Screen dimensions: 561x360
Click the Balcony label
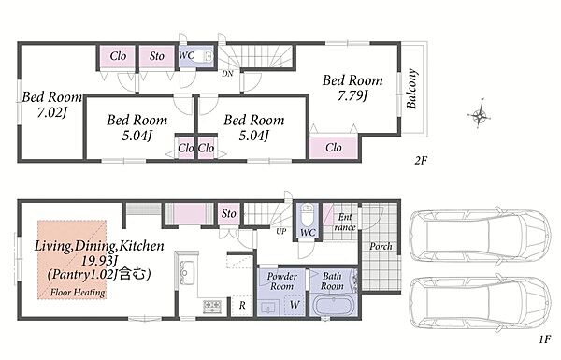click(x=411, y=89)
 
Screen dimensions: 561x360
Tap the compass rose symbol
click(x=480, y=114)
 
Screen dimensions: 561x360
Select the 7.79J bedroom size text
click(x=352, y=95)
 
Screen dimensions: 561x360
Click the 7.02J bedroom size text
click(x=52, y=112)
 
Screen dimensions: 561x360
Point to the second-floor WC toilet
click(x=205, y=56)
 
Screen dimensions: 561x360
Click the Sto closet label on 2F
click(x=157, y=56)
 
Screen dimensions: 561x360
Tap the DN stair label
click(x=227, y=74)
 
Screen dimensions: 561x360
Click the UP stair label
click(x=281, y=232)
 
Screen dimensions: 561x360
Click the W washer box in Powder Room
click(x=295, y=305)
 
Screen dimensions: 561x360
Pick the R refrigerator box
click(x=242, y=306)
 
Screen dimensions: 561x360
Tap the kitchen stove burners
click(x=212, y=307)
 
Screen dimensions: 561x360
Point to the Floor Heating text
click(x=78, y=293)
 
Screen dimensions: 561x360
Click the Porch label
click(x=381, y=247)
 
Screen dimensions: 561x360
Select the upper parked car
click(x=481, y=237)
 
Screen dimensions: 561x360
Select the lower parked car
click(x=481, y=304)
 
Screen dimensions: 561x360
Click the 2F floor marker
click(x=421, y=160)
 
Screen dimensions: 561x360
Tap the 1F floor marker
click(x=544, y=339)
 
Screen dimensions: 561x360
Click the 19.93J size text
click(x=99, y=261)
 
